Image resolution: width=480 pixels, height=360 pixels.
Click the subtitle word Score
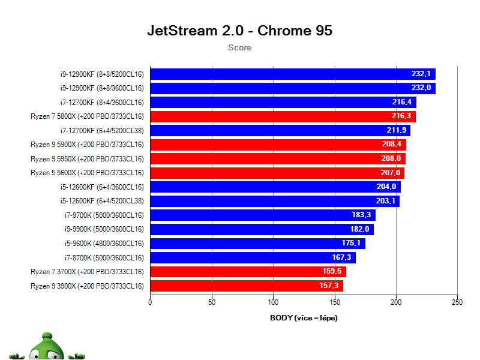tap(239, 47)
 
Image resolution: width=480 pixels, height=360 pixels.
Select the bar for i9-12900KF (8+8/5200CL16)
tap(292, 74)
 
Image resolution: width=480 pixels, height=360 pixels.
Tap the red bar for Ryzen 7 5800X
tap(282, 116)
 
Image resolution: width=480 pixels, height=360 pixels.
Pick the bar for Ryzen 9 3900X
tap(246, 286)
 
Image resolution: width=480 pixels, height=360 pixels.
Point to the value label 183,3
tap(361, 215)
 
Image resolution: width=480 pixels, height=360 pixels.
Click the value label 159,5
tap(332, 272)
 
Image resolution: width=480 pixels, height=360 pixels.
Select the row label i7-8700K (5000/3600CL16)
tap(104, 257)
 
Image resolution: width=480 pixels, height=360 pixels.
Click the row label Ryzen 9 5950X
tap(87, 158)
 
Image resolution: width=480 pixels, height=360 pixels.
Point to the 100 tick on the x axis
tap(273, 302)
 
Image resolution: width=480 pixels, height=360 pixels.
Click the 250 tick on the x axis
tap(457, 302)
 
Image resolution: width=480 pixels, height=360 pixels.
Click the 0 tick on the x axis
tap(150, 302)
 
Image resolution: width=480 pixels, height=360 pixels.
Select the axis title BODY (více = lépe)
tap(304, 317)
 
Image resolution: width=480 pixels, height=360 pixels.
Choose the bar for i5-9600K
tap(257, 243)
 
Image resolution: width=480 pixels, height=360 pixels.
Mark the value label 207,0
tap(390, 173)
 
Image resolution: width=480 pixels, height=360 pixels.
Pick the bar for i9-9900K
tap(262, 229)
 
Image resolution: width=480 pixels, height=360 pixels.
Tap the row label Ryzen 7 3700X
tap(87, 272)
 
